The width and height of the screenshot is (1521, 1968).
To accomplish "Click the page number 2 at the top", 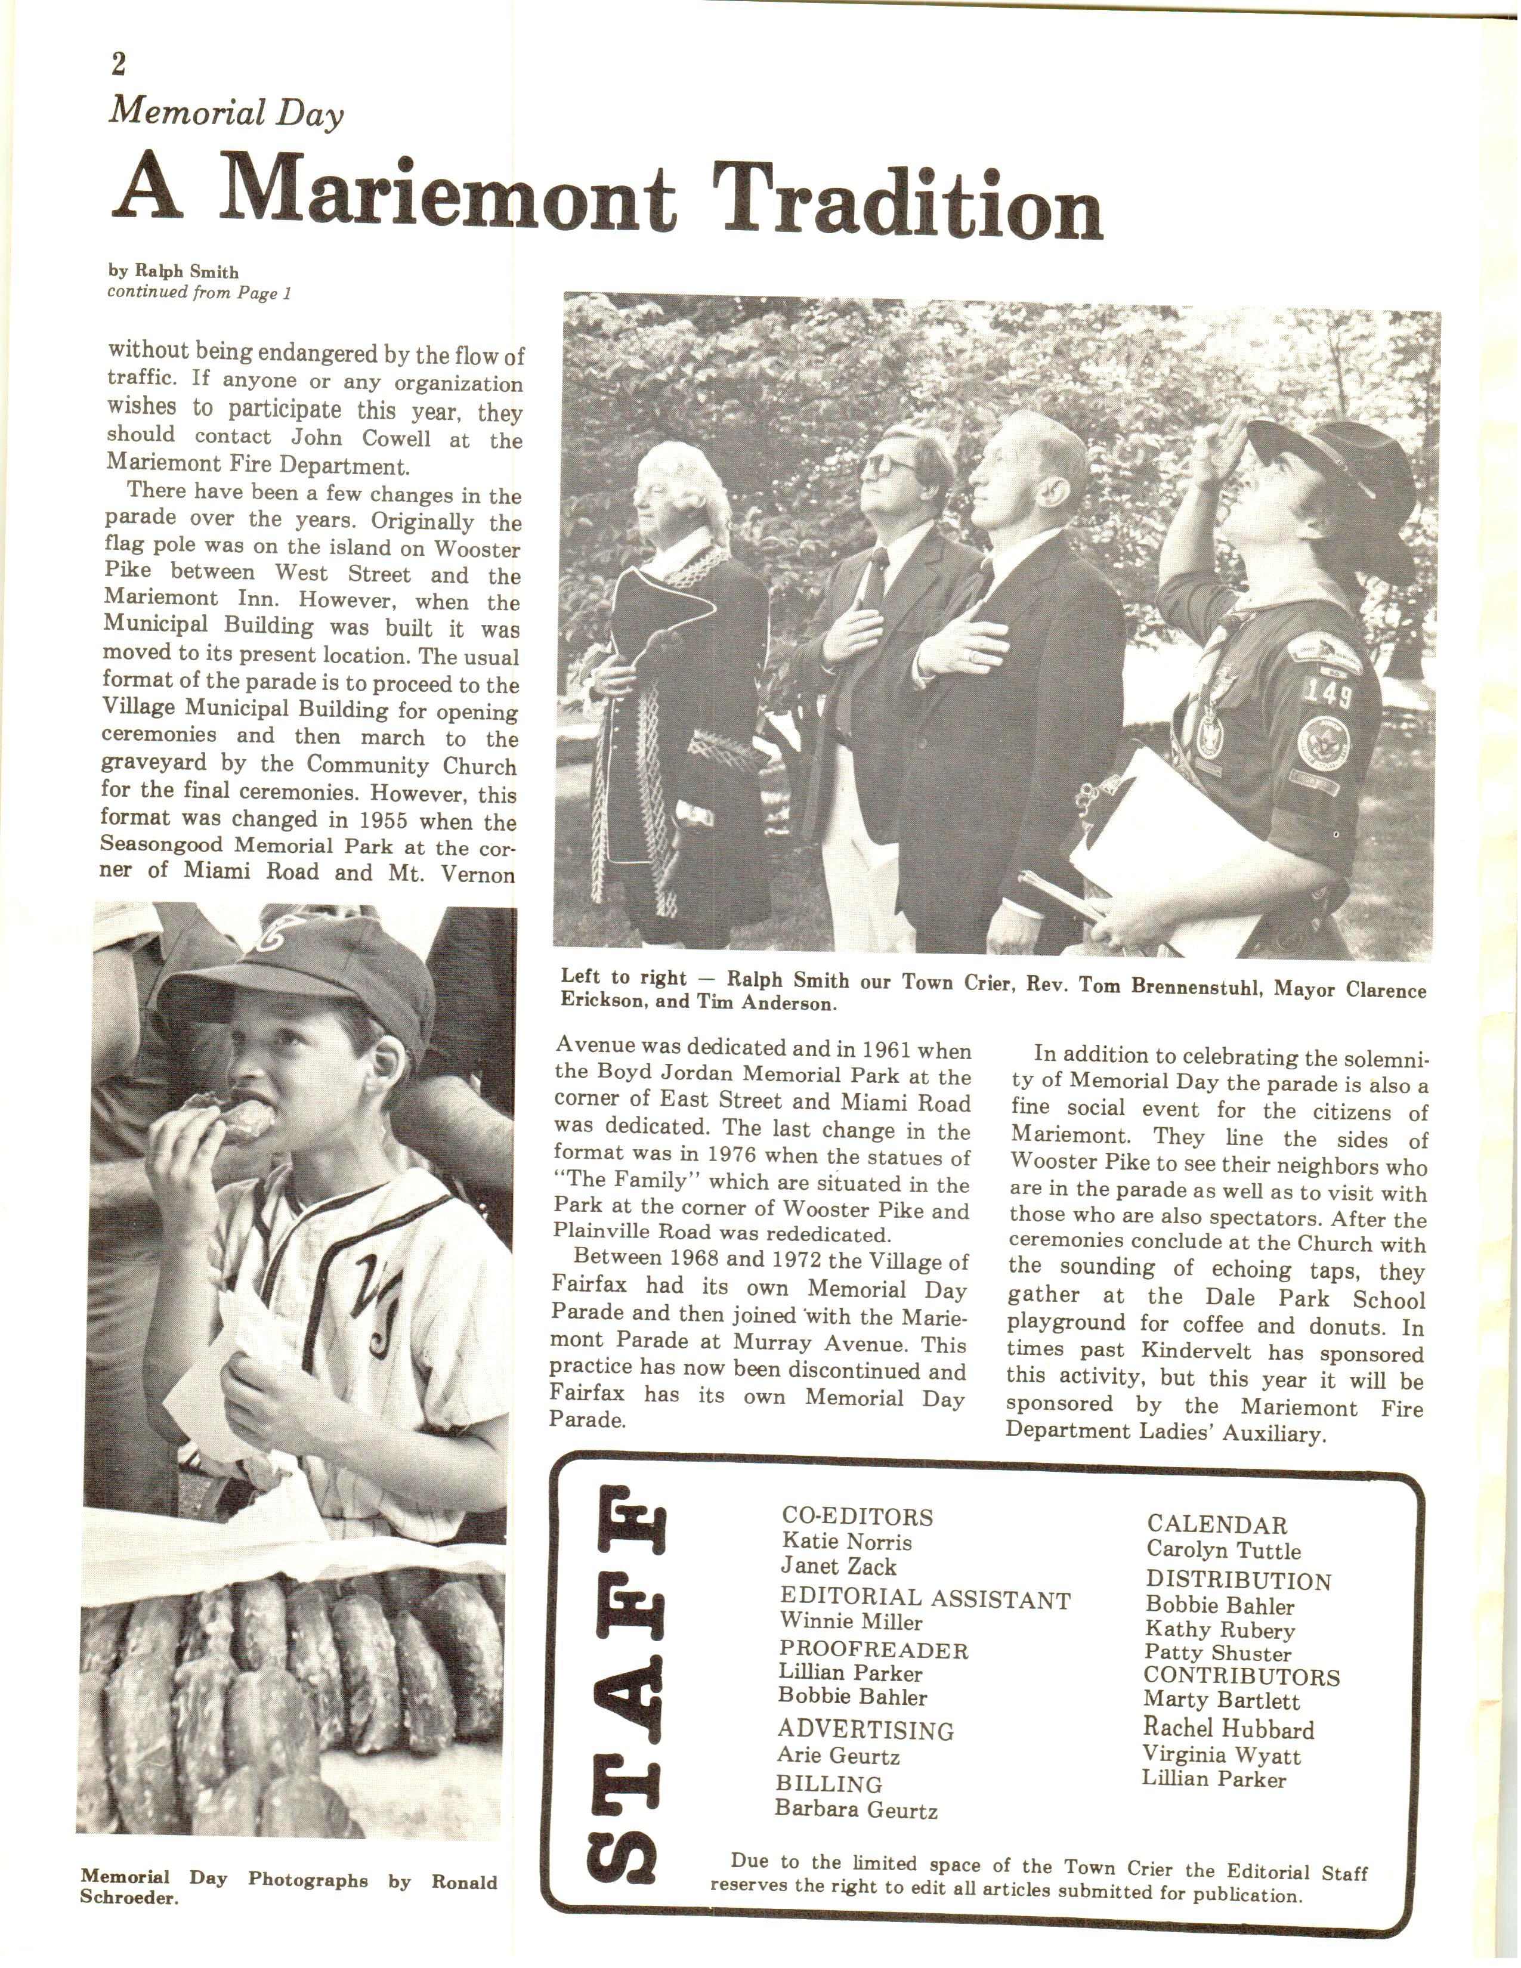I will coord(119,64).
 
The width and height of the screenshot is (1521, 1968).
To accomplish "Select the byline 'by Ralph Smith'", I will coord(173,271).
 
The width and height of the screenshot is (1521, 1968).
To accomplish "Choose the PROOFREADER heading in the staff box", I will coord(873,1650).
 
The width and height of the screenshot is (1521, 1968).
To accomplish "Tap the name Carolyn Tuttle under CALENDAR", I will coord(1223,1550).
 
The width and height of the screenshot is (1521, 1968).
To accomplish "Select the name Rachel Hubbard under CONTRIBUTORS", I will coord(1228,1728).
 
